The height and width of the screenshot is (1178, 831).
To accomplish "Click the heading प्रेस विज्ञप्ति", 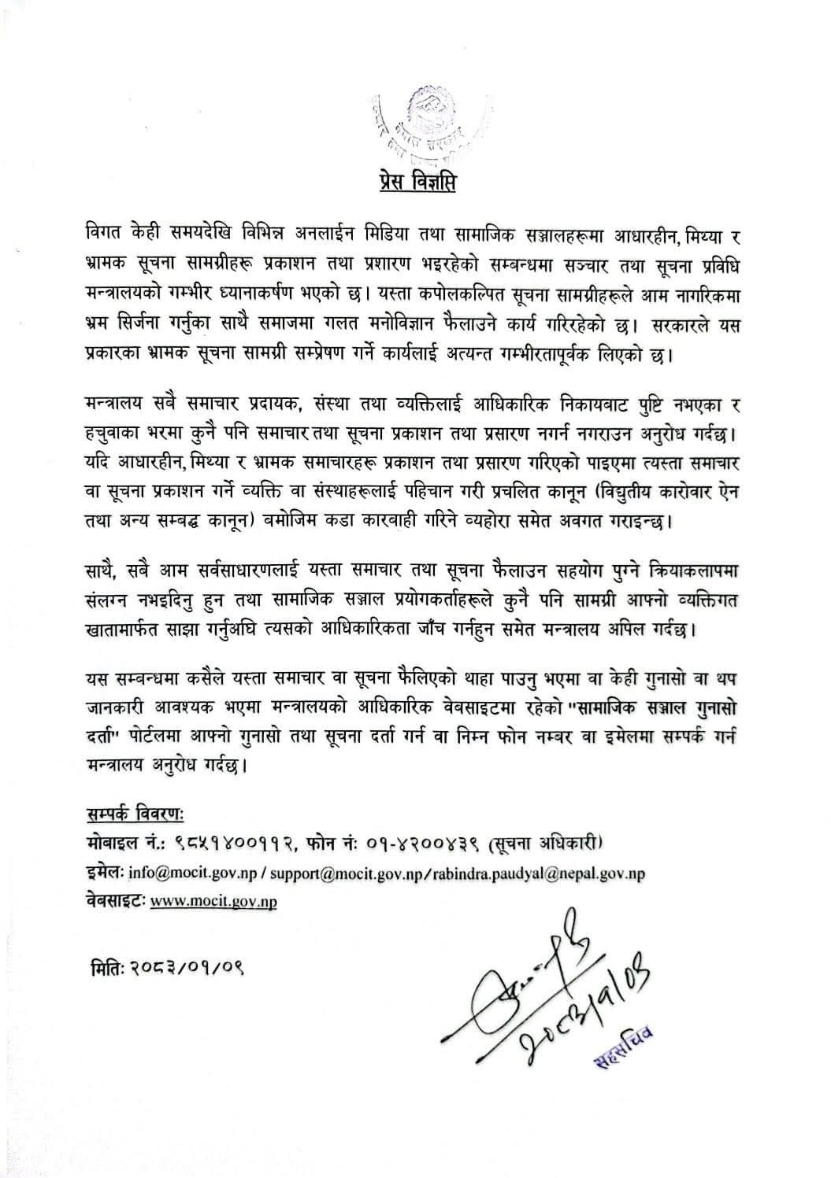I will click(x=414, y=182).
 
